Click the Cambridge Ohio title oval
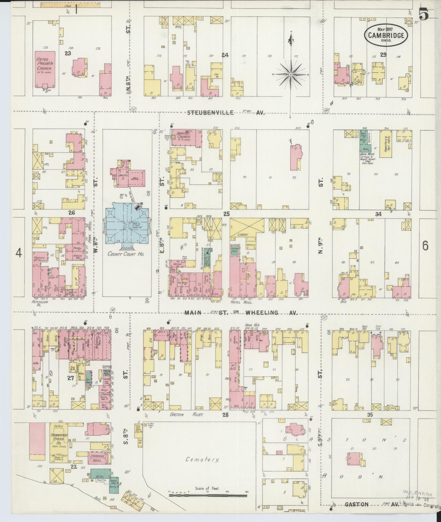(x=386, y=35)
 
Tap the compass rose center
(x=291, y=74)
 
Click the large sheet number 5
(x=424, y=14)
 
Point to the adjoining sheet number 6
(x=425, y=246)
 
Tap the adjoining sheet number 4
(x=18, y=253)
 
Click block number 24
(x=225, y=55)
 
